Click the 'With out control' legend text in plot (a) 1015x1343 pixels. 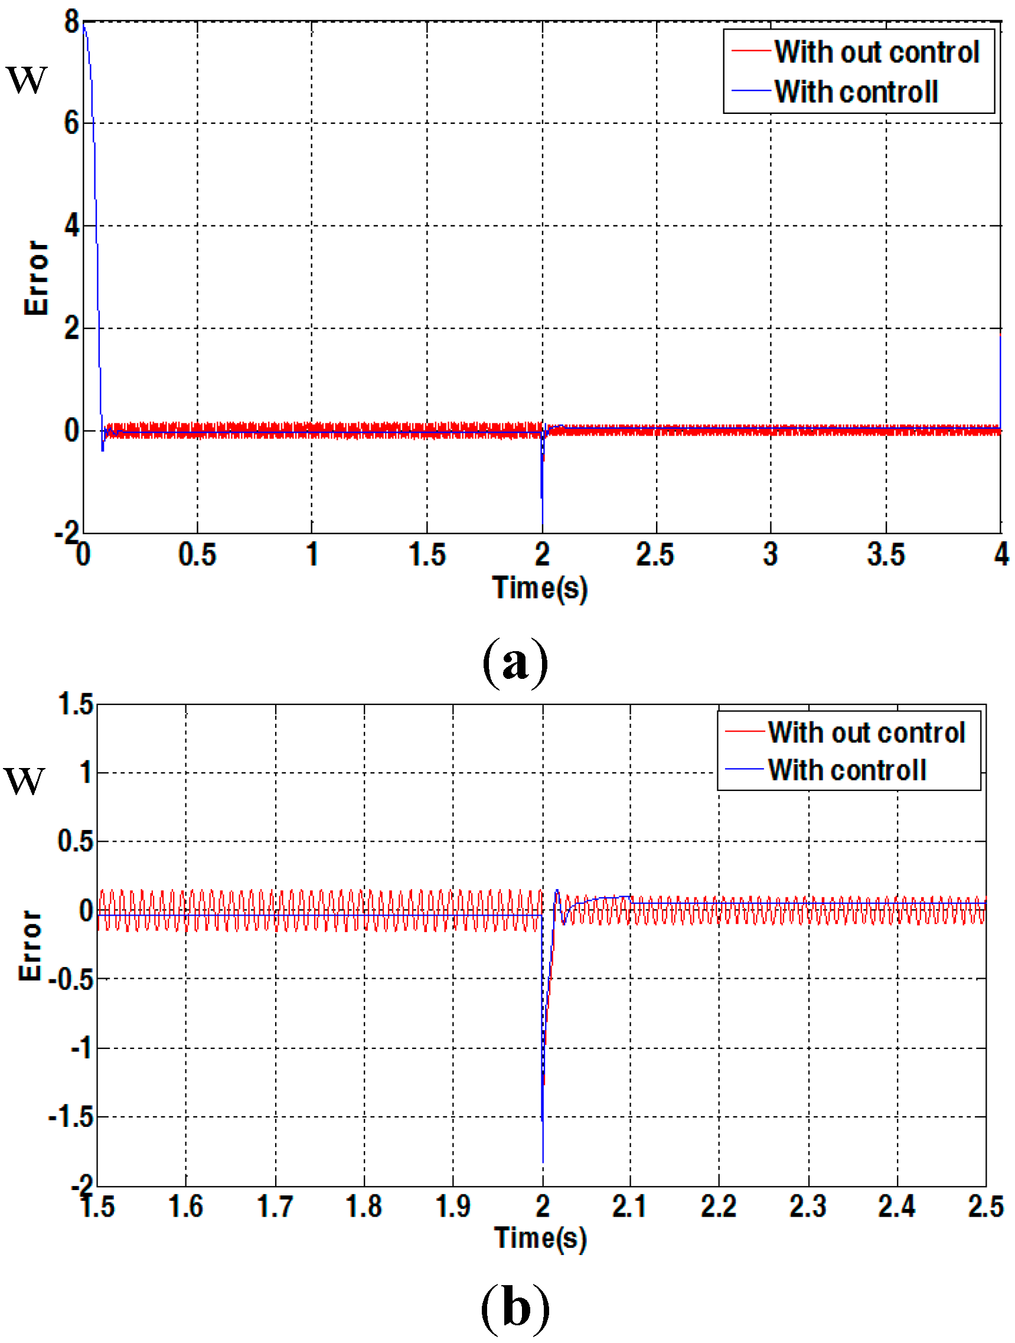(x=876, y=52)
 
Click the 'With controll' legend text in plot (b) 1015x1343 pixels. (x=847, y=770)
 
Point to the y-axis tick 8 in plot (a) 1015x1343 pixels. (x=71, y=22)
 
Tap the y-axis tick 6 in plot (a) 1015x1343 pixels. (x=71, y=124)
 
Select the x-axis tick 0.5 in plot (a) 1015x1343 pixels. (x=197, y=554)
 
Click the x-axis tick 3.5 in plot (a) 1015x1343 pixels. (x=886, y=554)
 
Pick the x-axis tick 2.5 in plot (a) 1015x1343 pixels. (x=655, y=554)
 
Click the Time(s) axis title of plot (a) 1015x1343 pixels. (x=540, y=588)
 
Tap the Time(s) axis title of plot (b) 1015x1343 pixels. (x=541, y=1238)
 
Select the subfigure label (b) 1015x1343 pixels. (x=515, y=1309)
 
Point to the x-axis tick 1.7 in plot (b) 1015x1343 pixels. (x=275, y=1206)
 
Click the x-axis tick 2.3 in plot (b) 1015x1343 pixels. (x=807, y=1206)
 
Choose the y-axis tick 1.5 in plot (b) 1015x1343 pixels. (x=76, y=704)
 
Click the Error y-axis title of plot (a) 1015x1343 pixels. (x=36, y=278)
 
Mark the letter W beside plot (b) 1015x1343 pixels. (x=24, y=781)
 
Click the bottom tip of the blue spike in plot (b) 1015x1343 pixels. (x=543, y=1161)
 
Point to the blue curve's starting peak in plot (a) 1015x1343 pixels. (x=84, y=24)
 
